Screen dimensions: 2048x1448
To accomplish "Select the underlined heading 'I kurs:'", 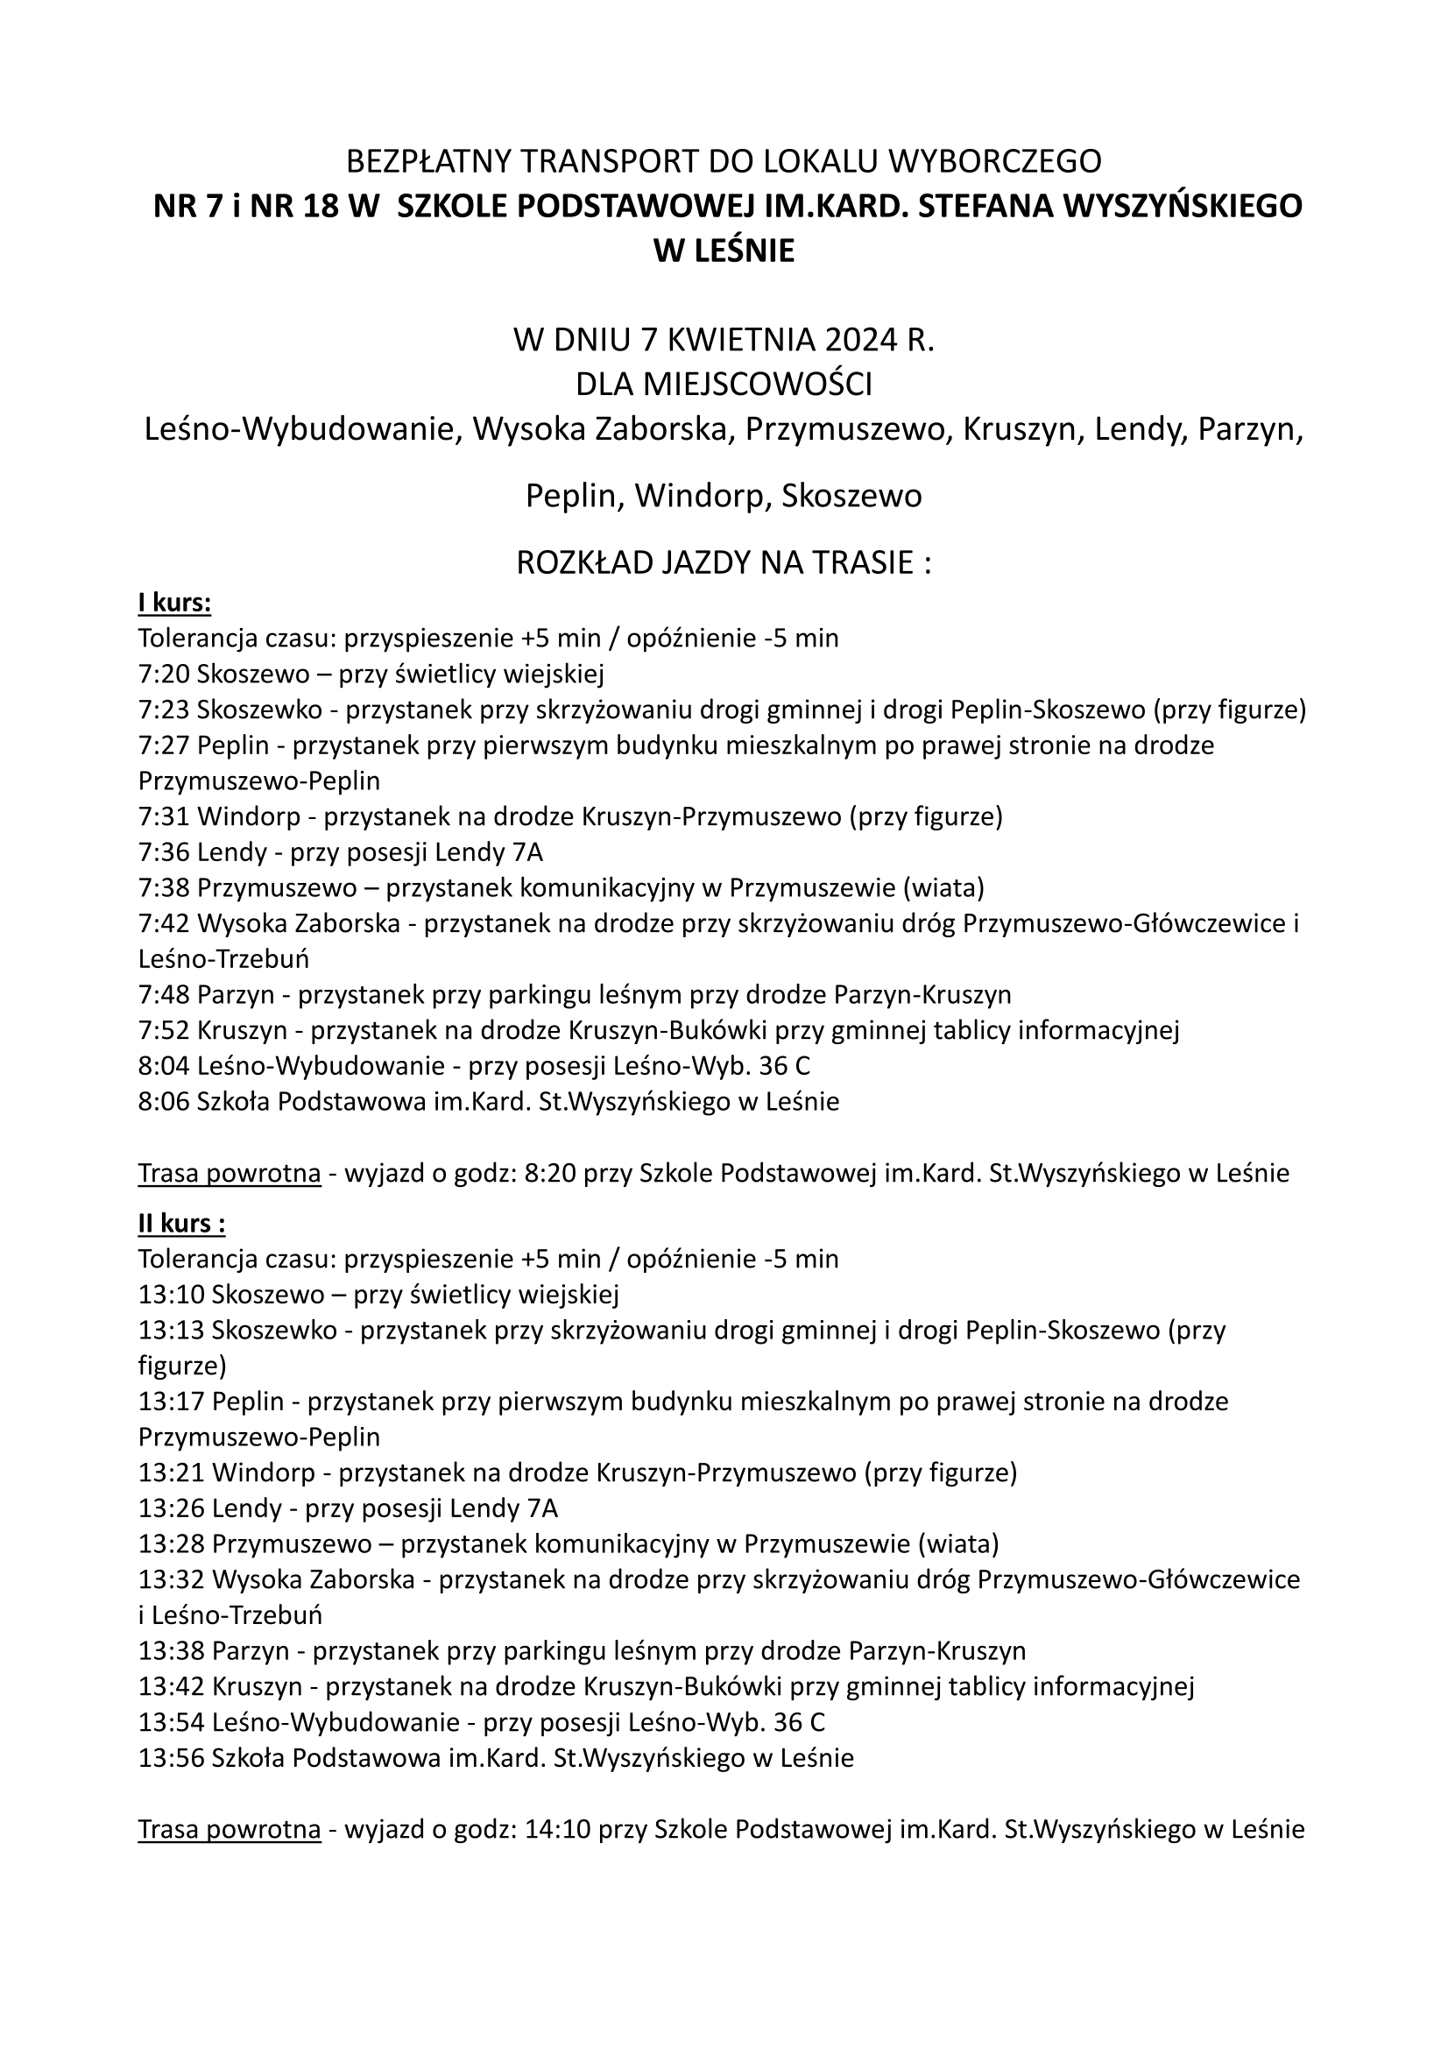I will [174, 604].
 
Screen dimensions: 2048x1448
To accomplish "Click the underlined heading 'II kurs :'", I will [181, 1224].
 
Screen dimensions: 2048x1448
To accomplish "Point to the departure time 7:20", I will [164, 674].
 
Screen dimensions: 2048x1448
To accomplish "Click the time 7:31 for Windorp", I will [164, 817].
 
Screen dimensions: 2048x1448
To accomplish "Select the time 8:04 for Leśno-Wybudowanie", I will [164, 1067].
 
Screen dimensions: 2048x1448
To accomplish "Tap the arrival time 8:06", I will [164, 1103].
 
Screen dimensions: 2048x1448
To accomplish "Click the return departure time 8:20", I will [549, 1174].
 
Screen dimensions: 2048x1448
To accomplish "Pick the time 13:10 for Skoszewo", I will [172, 1296].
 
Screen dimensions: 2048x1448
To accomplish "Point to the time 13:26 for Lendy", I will [172, 1509].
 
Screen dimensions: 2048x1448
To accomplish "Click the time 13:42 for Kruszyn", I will [172, 1688].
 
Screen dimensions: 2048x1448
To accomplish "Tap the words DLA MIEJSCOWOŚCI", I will [724, 385].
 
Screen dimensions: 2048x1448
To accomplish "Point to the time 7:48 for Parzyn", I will [164, 995].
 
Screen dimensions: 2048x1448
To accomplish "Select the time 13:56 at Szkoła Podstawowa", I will [172, 1759].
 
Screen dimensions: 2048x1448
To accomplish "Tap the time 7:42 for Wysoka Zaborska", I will [164, 924].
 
